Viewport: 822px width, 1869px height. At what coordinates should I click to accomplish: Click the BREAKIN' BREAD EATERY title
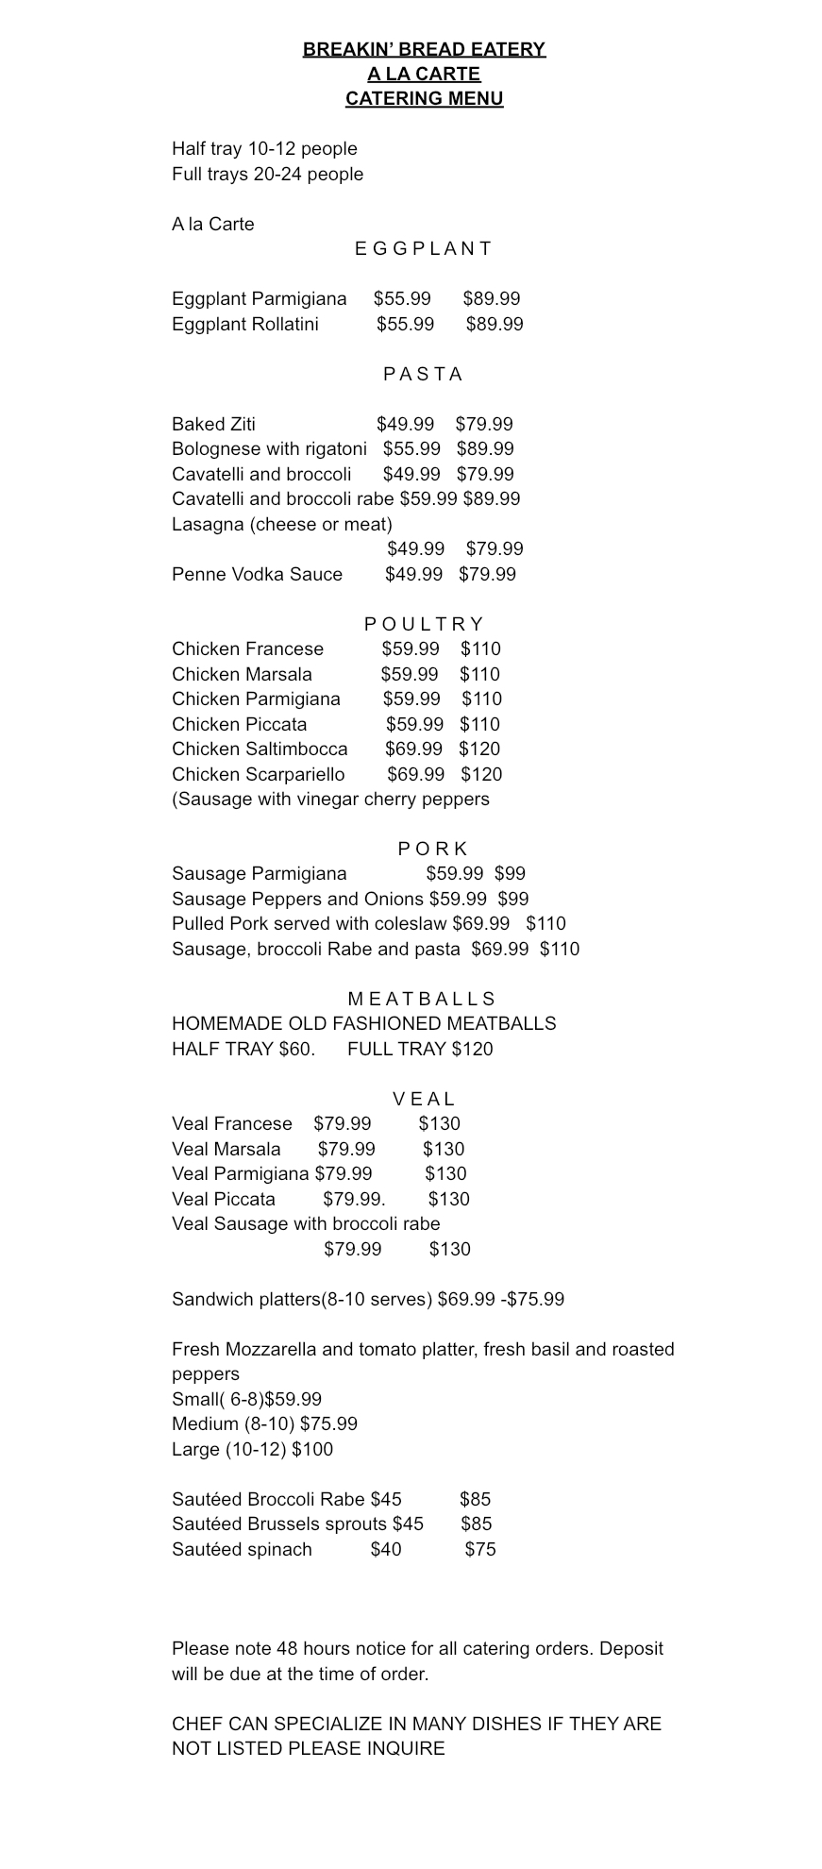pyautogui.click(x=424, y=49)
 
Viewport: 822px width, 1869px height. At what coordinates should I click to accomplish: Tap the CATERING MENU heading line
pyautogui.click(x=424, y=98)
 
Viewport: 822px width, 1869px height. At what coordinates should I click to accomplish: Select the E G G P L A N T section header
pyautogui.click(x=424, y=248)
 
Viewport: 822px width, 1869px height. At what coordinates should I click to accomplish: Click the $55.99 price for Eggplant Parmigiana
pyautogui.click(x=402, y=298)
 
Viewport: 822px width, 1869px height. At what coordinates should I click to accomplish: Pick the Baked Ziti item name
pyautogui.click(x=213, y=424)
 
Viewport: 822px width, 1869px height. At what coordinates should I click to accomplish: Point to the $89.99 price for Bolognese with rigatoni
pyautogui.click(x=485, y=448)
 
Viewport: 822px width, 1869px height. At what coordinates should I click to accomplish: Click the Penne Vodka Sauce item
pyautogui.click(x=257, y=574)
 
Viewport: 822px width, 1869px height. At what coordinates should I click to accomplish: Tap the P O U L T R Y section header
pyautogui.click(x=424, y=624)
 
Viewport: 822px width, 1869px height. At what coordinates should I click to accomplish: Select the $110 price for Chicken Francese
pyautogui.click(x=480, y=648)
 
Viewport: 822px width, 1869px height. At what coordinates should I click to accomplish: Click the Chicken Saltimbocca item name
pyautogui.click(x=260, y=749)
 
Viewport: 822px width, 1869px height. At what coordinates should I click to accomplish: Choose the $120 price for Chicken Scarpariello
pyautogui.click(x=481, y=774)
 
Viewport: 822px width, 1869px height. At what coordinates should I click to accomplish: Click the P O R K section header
pyautogui.click(x=432, y=849)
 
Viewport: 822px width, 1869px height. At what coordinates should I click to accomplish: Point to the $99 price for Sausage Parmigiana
pyautogui.click(x=510, y=873)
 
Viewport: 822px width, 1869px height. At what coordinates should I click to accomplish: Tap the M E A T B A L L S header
pyautogui.click(x=422, y=999)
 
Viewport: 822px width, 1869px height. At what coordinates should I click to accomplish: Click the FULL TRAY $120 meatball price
pyautogui.click(x=420, y=1049)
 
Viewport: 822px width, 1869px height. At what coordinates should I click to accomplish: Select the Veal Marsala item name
pyautogui.click(x=226, y=1149)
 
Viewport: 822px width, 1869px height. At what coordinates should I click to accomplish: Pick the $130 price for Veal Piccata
pyautogui.click(x=448, y=1199)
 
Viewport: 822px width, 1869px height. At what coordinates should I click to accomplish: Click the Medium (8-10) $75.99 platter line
pyautogui.click(x=264, y=1423)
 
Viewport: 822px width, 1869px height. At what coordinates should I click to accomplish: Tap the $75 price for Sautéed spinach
pyautogui.click(x=480, y=1549)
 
